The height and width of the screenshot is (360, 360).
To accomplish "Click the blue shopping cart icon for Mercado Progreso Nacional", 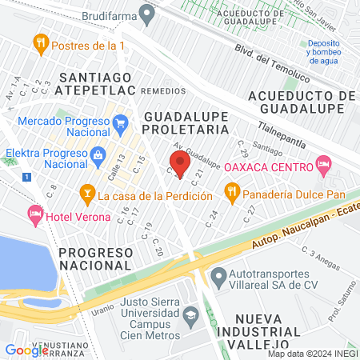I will pos(121,123).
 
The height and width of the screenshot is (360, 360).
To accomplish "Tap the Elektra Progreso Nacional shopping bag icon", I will pos(98,154).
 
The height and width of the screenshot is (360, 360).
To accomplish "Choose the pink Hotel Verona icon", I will pos(35,214).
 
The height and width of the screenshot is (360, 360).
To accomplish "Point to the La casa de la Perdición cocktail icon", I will pos(86,193).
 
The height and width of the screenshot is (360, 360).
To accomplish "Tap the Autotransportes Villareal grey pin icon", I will pos(218,277).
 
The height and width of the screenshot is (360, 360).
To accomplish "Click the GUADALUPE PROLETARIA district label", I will pos(186,123).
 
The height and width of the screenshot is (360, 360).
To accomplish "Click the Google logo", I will pos(27,350).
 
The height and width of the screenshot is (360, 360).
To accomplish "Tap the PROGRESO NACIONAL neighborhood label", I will pos(94,260).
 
